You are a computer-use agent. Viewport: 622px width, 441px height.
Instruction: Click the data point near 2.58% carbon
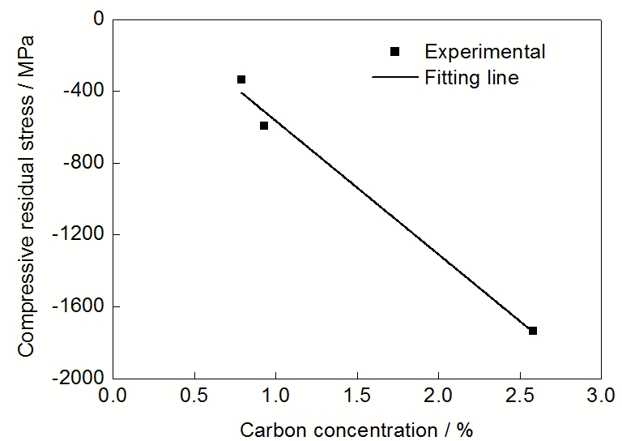tap(533, 331)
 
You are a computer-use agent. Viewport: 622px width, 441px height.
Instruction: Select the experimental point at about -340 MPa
tap(241, 79)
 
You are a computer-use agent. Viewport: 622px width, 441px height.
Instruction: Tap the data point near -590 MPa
tap(264, 126)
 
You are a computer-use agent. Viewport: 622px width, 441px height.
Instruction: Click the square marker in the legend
tap(395, 52)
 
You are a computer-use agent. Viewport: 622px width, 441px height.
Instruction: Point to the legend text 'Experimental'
tap(485, 52)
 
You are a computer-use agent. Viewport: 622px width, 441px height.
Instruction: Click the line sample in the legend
tap(394, 78)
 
